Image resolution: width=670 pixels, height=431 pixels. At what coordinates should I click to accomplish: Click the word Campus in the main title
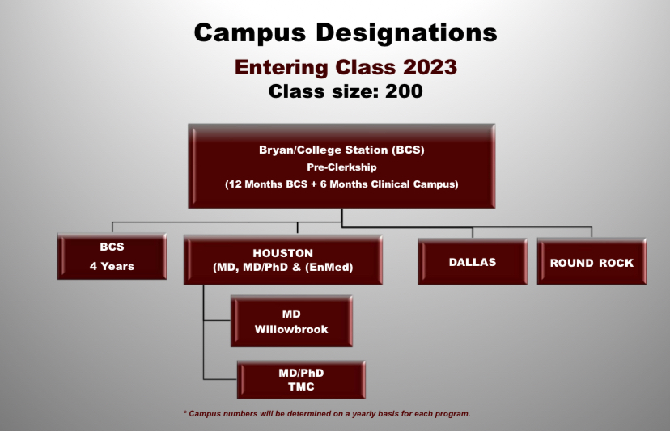pyautogui.click(x=250, y=33)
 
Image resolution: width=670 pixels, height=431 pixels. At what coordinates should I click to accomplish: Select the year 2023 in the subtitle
pyautogui.click(x=430, y=67)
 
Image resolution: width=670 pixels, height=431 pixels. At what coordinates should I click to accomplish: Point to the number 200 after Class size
pyautogui.click(x=404, y=91)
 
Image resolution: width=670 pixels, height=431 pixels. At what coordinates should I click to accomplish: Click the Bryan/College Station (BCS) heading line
pyautogui.click(x=341, y=150)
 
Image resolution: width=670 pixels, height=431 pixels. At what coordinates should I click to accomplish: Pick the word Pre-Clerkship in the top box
pyautogui.click(x=341, y=167)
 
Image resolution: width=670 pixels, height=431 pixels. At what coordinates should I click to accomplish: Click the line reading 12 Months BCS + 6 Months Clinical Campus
pyautogui.click(x=341, y=184)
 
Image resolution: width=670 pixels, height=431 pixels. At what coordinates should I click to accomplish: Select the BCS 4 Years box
pyautogui.click(x=112, y=256)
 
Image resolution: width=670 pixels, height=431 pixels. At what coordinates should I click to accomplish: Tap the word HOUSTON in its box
pyautogui.click(x=283, y=253)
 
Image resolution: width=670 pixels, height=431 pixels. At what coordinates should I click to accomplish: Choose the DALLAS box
pyautogui.click(x=473, y=261)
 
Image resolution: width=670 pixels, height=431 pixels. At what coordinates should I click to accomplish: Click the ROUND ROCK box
pyautogui.click(x=592, y=261)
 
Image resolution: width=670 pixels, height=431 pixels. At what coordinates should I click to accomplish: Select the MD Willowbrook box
pyautogui.click(x=291, y=321)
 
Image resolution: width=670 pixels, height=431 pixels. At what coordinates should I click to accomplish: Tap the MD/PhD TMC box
pyautogui.click(x=301, y=380)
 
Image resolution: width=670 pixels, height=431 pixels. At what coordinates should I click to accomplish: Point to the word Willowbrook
pyautogui.click(x=291, y=329)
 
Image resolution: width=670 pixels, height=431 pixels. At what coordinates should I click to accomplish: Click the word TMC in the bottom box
pyautogui.click(x=301, y=387)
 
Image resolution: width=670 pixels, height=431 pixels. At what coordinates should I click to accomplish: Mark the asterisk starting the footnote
pyautogui.click(x=185, y=412)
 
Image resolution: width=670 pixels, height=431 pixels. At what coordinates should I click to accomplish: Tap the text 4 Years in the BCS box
pyautogui.click(x=112, y=267)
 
